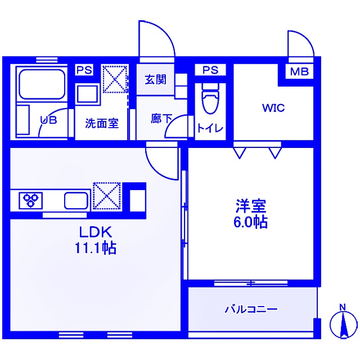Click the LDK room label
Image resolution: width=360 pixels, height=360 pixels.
point(96,232)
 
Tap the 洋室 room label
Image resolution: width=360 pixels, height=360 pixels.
point(251,206)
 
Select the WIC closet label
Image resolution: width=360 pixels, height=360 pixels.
point(273,108)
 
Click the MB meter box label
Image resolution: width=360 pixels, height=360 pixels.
point(299,71)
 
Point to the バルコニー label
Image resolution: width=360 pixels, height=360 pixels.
point(251,309)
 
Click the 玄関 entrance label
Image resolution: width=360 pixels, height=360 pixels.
point(155,79)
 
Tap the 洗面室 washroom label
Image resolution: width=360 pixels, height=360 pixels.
point(102,123)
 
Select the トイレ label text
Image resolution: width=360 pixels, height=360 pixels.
point(210,128)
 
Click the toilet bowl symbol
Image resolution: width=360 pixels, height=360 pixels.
point(210,98)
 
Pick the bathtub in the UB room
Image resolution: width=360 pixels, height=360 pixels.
point(42,84)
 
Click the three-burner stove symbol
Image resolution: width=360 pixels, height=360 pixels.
point(30,200)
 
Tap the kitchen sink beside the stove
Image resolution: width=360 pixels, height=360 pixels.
point(76,201)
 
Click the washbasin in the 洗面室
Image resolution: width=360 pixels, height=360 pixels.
point(87,94)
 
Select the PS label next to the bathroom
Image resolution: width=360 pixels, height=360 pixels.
point(84,70)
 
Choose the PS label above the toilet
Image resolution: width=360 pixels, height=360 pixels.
point(210,70)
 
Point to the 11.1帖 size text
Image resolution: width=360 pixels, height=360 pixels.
point(96,247)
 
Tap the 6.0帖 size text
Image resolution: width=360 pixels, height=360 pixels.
point(250,222)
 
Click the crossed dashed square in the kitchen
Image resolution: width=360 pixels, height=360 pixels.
point(107,196)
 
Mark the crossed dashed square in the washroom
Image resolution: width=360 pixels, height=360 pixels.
point(115,79)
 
